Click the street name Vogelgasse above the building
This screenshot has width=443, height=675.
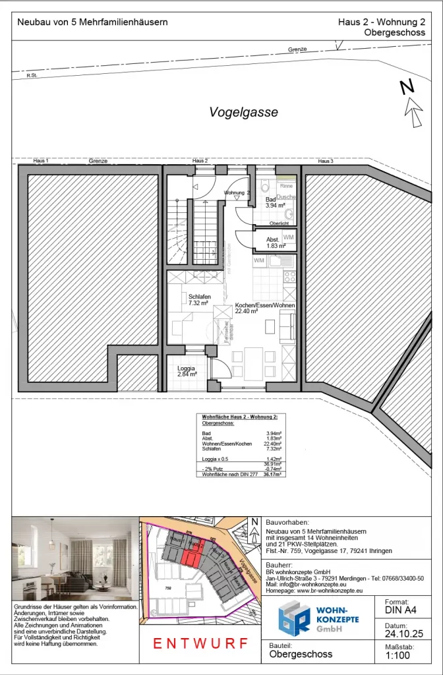[x=243, y=113]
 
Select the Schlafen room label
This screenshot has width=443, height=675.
[x=199, y=297]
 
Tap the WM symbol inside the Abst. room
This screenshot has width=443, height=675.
[x=289, y=237]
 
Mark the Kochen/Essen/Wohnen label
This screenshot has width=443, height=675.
[x=265, y=306]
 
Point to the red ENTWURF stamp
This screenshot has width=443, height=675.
[x=200, y=643]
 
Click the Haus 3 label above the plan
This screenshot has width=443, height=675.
[x=326, y=161]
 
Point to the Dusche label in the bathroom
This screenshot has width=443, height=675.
[x=285, y=197]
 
